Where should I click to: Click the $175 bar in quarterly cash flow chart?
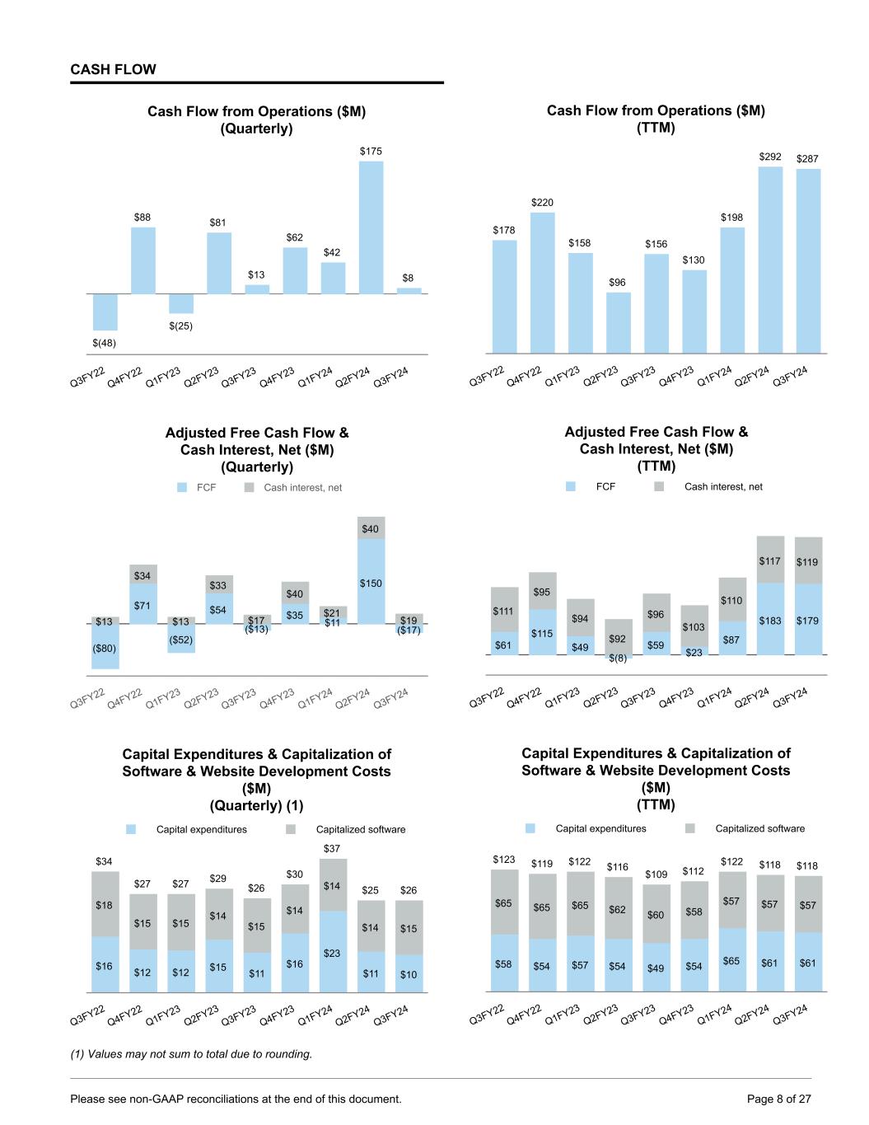pyautogui.click(x=371, y=227)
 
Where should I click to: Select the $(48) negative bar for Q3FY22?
pyautogui.click(x=105, y=312)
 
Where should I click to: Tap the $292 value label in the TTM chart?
pyautogui.click(x=770, y=157)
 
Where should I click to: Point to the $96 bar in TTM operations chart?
pyautogui.click(x=618, y=323)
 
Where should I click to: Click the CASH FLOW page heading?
pyautogui.click(x=113, y=70)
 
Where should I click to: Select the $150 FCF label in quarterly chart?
pyautogui.click(x=371, y=584)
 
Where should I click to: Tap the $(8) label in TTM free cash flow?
pyautogui.click(x=618, y=658)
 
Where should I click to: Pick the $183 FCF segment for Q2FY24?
pyautogui.click(x=770, y=620)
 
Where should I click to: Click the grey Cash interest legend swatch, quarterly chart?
pyautogui.click(x=250, y=488)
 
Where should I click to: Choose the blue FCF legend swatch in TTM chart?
pyautogui.click(x=571, y=487)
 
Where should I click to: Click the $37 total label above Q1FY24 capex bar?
pyautogui.click(x=331, y=848)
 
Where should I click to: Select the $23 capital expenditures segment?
pyautogui.click(x=332, y=952)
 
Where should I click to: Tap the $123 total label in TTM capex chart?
pyautogui.click(x=504, y=860)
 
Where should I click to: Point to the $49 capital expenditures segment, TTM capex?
pyautogui.click(x=656, y=968)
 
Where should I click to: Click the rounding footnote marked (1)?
pyautogui.click(x=192, y=1054)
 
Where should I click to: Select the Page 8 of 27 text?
pyautogui.click(x=778, y=1099)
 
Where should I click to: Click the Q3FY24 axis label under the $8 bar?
pyautogui.click(x=392, y=377)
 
